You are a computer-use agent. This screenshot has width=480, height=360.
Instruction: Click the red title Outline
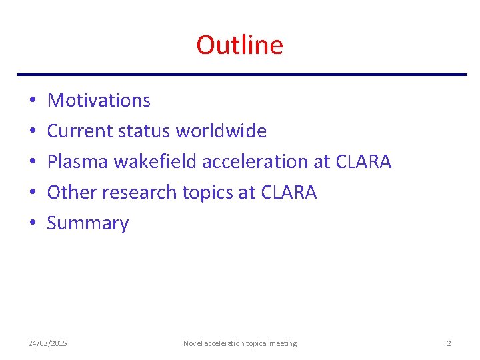239,45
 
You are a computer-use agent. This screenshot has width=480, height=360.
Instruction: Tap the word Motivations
99,101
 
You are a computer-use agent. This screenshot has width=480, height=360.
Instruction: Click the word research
142,193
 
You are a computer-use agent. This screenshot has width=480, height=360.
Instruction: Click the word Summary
87,223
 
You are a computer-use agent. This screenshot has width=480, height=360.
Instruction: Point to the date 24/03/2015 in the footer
47,343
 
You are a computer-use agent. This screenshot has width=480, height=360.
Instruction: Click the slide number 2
449,343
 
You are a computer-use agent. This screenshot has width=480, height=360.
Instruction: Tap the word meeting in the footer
283,343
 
